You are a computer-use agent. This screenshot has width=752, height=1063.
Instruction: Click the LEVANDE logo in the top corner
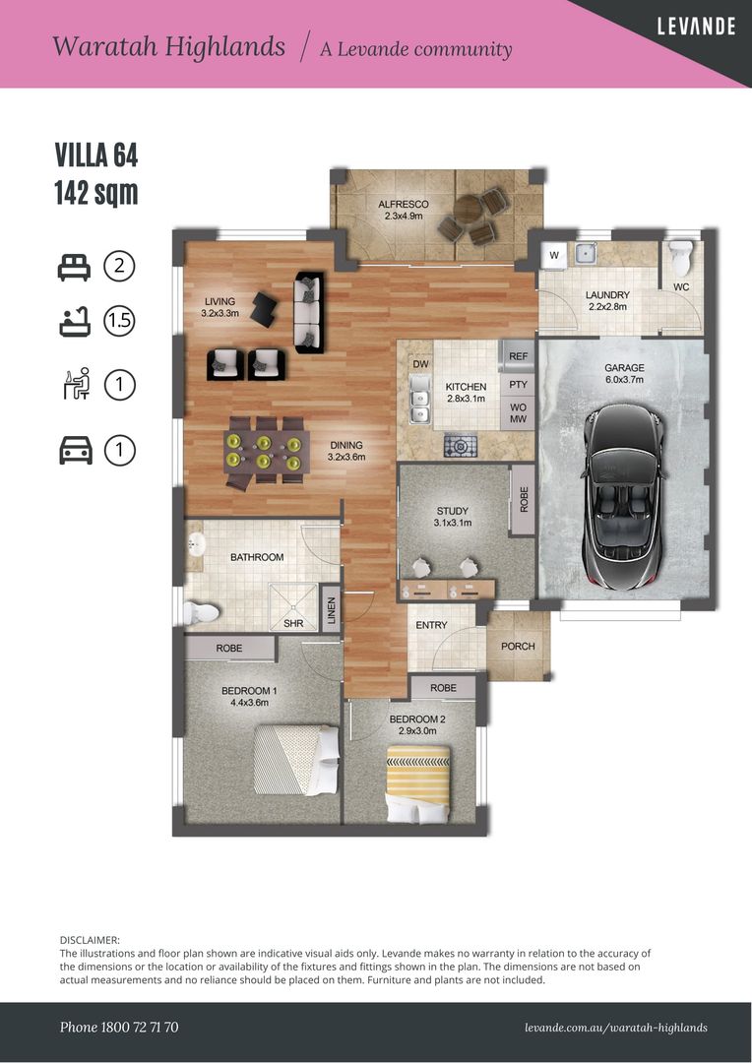696,27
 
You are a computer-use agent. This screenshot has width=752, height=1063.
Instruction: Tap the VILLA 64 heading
96,156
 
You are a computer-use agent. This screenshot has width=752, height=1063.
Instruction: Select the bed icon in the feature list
74,267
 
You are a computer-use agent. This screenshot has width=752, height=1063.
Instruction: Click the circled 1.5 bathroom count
119,321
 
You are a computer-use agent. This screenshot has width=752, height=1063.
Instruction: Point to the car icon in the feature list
75,450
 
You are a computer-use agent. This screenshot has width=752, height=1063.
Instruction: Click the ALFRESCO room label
403,204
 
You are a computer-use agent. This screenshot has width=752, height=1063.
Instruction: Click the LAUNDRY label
607,295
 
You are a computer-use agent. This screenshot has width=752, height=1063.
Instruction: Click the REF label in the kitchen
518,356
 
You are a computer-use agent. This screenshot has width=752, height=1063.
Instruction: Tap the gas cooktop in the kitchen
461,446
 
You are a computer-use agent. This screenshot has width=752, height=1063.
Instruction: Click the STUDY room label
453,511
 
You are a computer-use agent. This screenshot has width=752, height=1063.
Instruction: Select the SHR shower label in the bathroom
293,623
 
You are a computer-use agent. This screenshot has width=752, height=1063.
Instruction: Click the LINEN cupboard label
331,609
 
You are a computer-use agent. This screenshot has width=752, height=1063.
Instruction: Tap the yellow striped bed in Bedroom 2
417,783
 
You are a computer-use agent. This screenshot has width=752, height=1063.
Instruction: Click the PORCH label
518,646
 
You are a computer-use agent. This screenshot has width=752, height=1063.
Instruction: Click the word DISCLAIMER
90,940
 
